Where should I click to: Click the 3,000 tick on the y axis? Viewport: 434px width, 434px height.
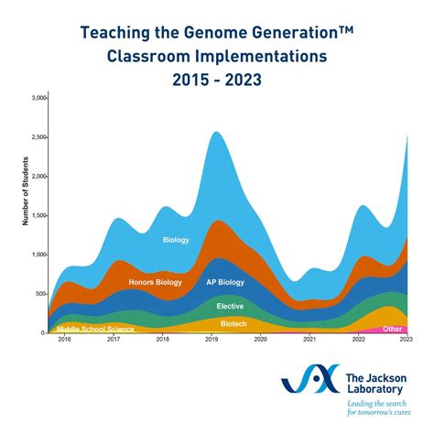tap(39, 97)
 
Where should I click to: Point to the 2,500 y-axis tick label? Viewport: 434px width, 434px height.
tap(39, 136)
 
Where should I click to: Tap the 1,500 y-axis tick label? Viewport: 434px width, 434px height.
tap(39, 215)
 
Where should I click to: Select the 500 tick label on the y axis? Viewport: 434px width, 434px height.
tap(40, 294)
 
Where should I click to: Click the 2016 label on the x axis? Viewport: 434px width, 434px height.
tap(64, 339)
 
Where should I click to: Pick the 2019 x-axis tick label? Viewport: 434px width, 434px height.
tap(212, 339)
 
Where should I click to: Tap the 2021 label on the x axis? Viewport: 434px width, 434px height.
tap(309, 339)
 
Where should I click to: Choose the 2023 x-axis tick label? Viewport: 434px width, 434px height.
tap(407, 339)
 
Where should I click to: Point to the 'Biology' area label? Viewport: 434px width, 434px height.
tap(176, 240)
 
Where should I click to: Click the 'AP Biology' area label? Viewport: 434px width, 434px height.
tap(225, 281)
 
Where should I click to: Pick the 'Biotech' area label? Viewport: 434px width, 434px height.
tap(233, 323)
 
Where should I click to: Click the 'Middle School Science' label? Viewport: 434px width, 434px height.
tap(95, 329)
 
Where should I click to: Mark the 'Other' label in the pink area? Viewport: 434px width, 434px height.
tap(393, 328)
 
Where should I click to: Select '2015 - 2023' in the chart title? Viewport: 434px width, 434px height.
tap(216, 80)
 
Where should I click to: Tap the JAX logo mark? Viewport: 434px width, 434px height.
tap(309, 385)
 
